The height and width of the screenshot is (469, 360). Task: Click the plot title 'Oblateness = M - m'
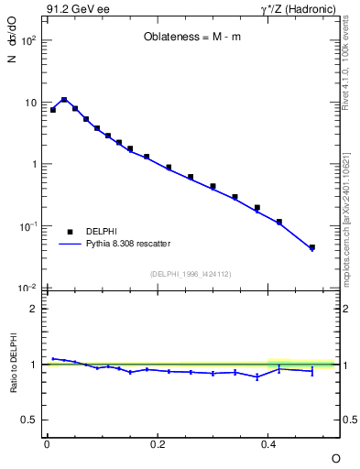click(191, 38)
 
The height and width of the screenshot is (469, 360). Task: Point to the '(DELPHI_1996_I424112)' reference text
click(191, 274)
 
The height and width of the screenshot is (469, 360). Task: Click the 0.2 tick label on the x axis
click(158, 443)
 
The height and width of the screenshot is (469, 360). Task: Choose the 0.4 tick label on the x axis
click(269, 443)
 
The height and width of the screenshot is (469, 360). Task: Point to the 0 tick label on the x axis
click(47, 443)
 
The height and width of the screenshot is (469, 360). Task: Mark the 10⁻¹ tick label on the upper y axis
click(28, 226)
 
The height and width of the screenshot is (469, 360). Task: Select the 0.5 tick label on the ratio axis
click(29, 420)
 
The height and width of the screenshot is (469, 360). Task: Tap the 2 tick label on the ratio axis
click(33, 309)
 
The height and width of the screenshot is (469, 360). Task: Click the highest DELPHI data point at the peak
click(64, 100)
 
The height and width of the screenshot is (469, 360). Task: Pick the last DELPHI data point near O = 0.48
click(312, 247)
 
